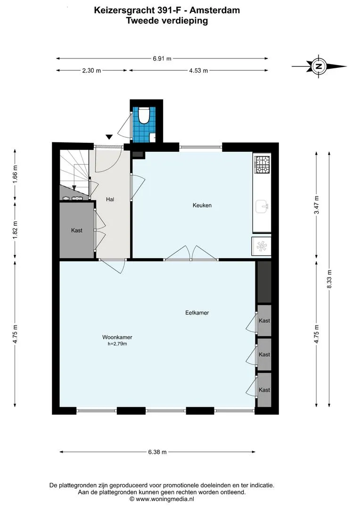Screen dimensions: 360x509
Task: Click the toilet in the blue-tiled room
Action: coord(143,115)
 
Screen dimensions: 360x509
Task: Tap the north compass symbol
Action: coord(319,66)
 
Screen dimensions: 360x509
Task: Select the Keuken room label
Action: coord(202,205)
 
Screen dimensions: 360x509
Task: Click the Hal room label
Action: coord(110,199)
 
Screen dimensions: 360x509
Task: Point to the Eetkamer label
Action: coord(197,312)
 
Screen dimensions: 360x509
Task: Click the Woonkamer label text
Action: coord(117,337)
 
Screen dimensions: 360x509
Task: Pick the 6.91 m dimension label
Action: coord(162,59)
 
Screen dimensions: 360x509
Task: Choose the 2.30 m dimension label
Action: coord(91,70)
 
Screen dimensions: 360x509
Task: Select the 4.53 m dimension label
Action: coord(198,70)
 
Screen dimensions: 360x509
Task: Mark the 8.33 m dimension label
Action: coord(329,279)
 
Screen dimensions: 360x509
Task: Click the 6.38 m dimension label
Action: coord(157,452)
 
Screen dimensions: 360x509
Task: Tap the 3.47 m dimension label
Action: coord(317,205)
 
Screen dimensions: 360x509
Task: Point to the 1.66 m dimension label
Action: coord(15,175)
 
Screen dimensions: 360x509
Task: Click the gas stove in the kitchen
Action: coord(262,164)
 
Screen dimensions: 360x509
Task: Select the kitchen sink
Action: coord(262,206)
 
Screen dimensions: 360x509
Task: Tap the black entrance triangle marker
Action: coord(109,137)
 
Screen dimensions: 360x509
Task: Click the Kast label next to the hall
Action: coord(77,230)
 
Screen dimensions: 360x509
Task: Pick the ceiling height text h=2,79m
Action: coord(117,344)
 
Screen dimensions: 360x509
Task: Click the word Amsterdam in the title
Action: coord(214,10)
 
